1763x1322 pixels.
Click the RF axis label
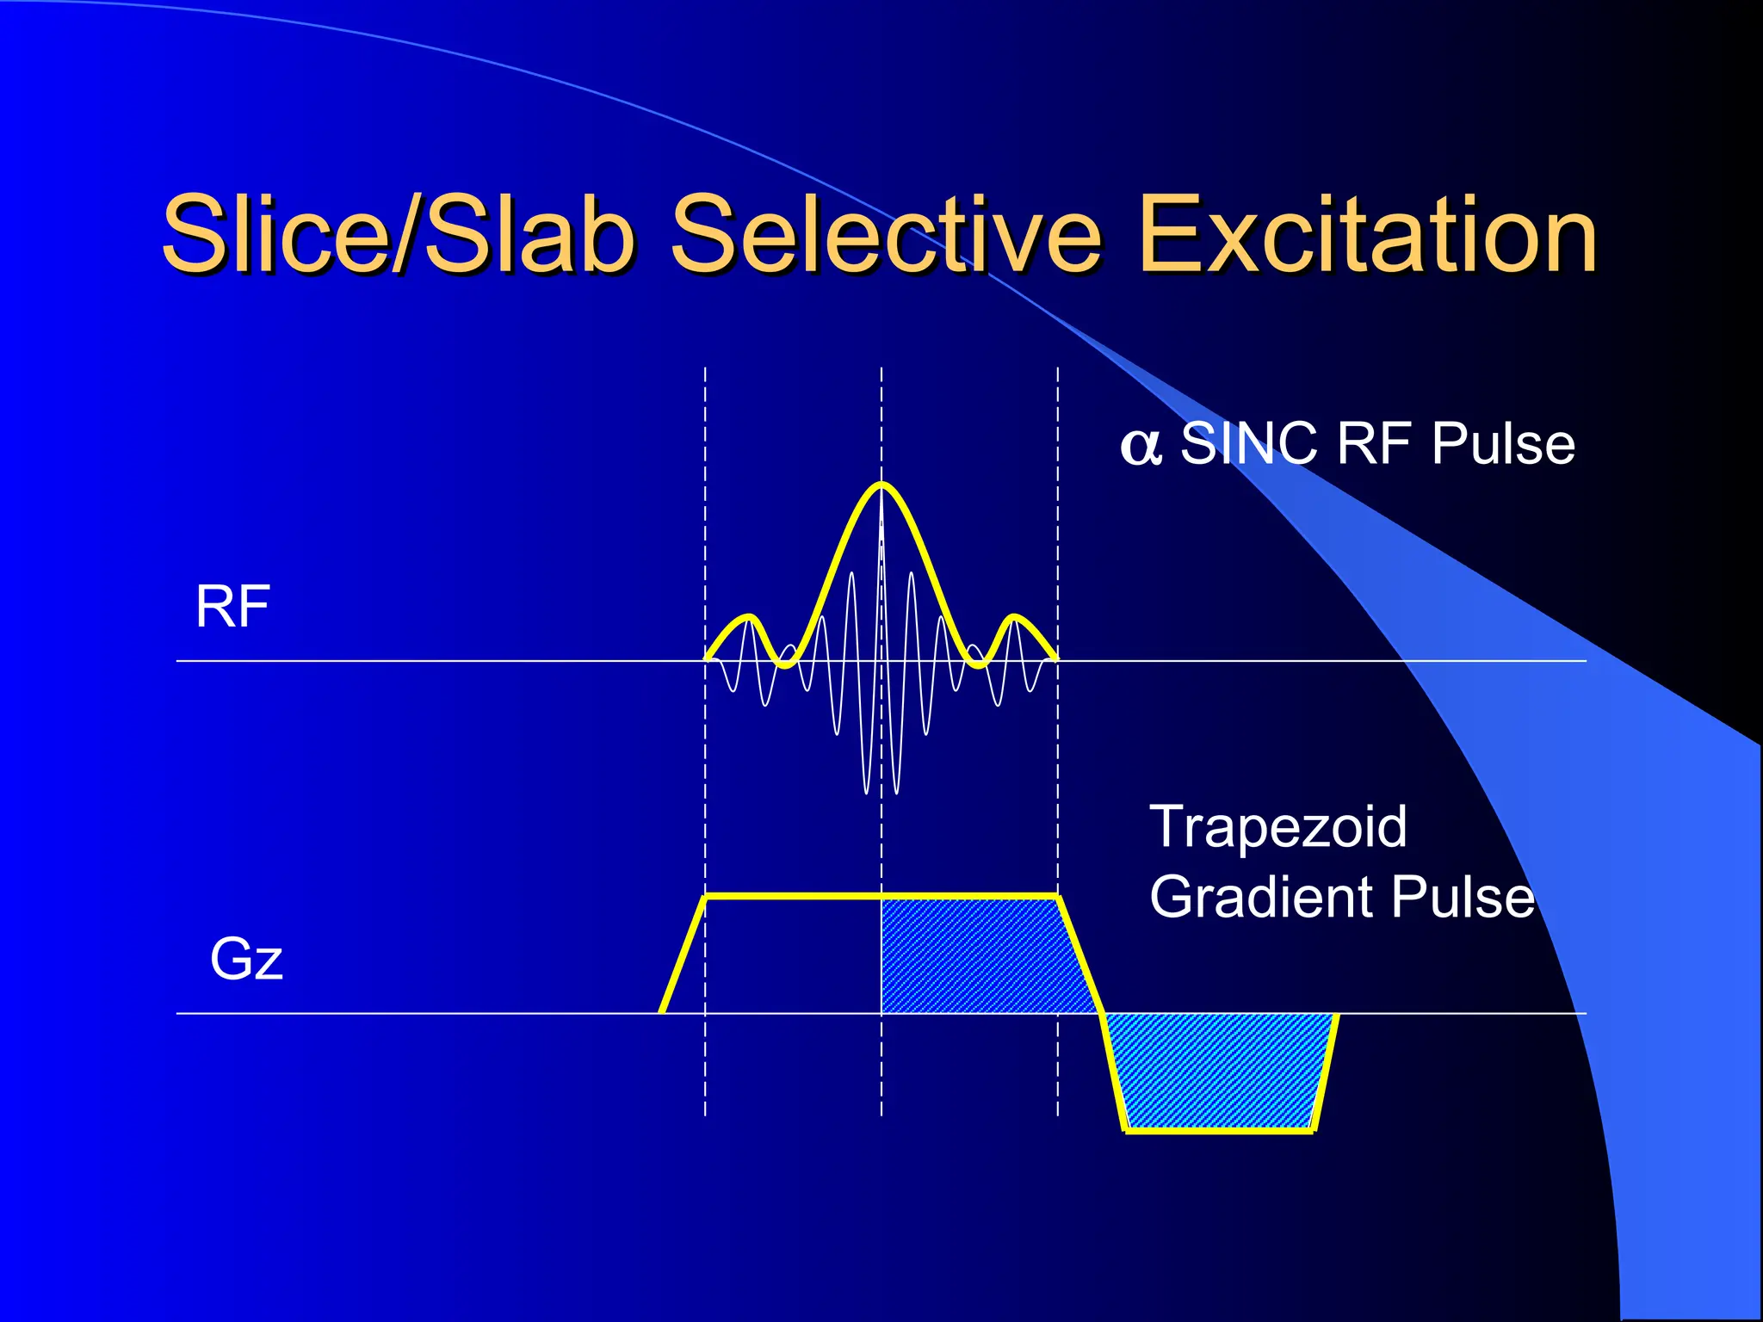click(232, 606)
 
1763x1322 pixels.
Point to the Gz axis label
click(246, 959)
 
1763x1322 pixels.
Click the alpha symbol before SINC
click(1141, 447)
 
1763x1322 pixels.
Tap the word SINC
click(1249, 444)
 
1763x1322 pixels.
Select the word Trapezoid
click(1278, 826)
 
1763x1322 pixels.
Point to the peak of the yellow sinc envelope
click(881, 485)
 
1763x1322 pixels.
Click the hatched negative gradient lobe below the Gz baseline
click(1221, 1071)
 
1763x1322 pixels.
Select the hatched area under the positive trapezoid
click(981, 955)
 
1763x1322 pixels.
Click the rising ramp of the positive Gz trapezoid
click(684, 954)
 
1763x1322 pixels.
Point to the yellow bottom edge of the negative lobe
click(1220, 1130)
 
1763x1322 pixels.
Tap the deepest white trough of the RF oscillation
click(868, 790)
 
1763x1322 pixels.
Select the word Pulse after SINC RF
click(1504, 444)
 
